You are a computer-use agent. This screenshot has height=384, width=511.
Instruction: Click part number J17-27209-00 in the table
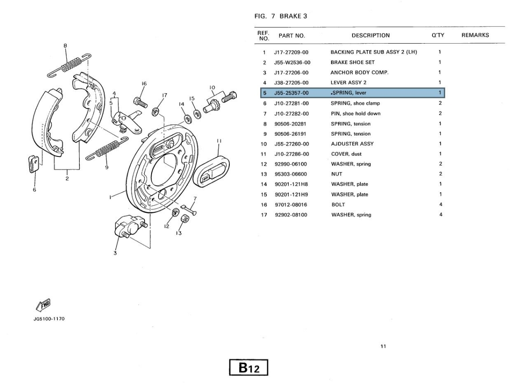click(291, 52)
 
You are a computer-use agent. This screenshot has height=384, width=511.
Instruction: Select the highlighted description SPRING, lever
click(349, 93)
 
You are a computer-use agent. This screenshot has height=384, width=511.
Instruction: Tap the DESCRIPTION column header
click(370, 35)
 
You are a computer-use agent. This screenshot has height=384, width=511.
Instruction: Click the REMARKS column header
click(475, 35)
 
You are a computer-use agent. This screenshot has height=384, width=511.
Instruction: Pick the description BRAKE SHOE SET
click(352, 62)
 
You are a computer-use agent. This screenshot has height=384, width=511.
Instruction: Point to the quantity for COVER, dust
click(440, 154)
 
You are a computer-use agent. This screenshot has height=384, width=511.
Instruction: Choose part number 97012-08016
click(291, 204)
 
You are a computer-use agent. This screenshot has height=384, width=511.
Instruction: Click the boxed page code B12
click(249, 368)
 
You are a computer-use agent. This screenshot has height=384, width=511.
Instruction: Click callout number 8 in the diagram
click(65, 45)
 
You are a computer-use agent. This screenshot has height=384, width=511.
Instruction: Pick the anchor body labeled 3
click(127, 227)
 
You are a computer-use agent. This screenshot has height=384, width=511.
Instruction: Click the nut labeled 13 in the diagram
click(184, 218)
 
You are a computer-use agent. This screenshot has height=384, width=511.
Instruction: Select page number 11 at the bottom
click(383, 347)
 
